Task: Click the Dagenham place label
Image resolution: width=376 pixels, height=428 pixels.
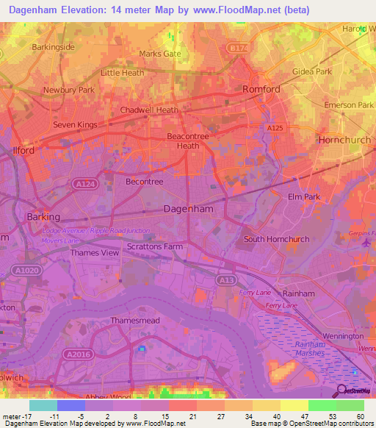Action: [188, 208]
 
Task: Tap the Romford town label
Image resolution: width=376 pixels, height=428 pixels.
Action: [261, 89]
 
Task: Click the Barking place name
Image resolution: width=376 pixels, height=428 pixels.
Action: [42, 217]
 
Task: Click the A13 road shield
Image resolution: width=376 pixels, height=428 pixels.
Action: [225, 280]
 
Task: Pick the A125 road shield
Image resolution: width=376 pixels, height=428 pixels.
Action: [275, 128]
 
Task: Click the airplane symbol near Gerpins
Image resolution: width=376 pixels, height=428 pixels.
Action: [365, 249]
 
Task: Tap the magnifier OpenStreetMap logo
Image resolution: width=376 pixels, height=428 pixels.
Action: [342, 390]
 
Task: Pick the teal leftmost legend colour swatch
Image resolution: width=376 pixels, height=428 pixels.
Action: [43, 405]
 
